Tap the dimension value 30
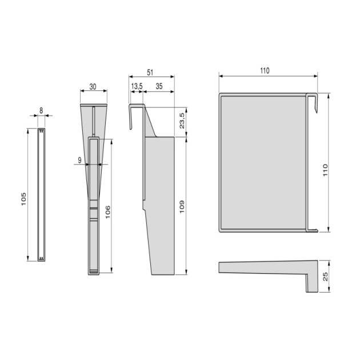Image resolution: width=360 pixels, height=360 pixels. (92, 87)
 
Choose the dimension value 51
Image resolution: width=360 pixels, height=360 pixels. (150, 72)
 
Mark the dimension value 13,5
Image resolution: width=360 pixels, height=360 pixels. (137, 86)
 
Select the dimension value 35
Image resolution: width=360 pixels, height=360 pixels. (158, 86)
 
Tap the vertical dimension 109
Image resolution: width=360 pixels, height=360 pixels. (181, 206)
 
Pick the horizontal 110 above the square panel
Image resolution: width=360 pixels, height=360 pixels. (263, 71)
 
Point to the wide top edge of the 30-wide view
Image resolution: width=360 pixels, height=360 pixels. (92, 105)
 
